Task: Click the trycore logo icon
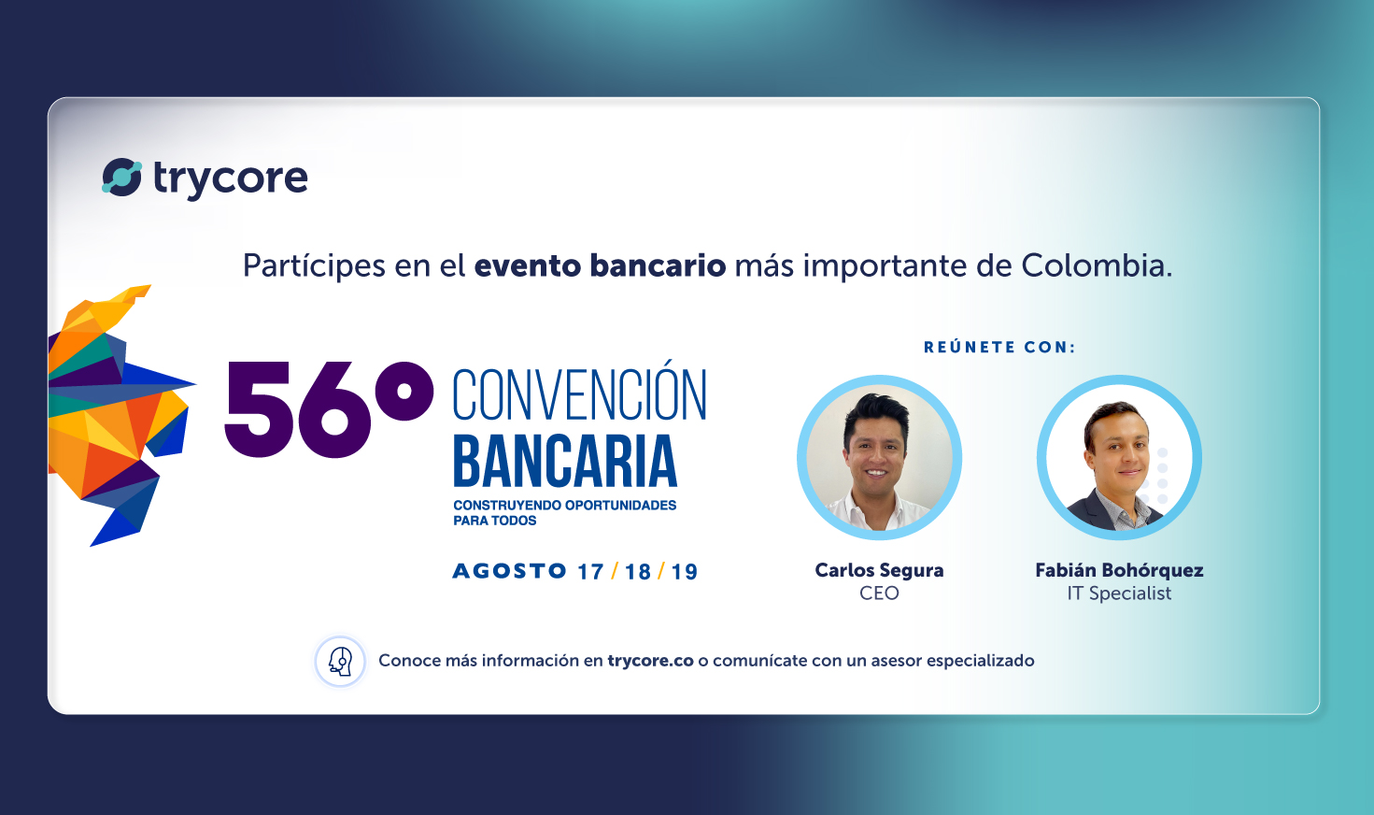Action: point(121,178)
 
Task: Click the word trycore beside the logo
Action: point(231,179)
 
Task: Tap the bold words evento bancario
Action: point(600,266)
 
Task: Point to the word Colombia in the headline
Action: point(1094,266)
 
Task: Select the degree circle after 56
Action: point(404,391)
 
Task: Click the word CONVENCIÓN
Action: point(579,395)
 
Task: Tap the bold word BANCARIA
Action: point(565,462)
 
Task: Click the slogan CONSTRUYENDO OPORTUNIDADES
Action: point(564,506)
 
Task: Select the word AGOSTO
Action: point(509,571)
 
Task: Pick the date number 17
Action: point(590,572)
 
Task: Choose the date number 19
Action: point(685,572)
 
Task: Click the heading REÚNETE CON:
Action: point(999,348)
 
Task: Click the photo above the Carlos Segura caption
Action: point(879,458)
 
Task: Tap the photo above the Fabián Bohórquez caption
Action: point(1119,458)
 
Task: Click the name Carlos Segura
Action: point(879,570)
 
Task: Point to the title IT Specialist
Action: point(1119,593)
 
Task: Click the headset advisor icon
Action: point(340,661)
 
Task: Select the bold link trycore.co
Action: point(650,661)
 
